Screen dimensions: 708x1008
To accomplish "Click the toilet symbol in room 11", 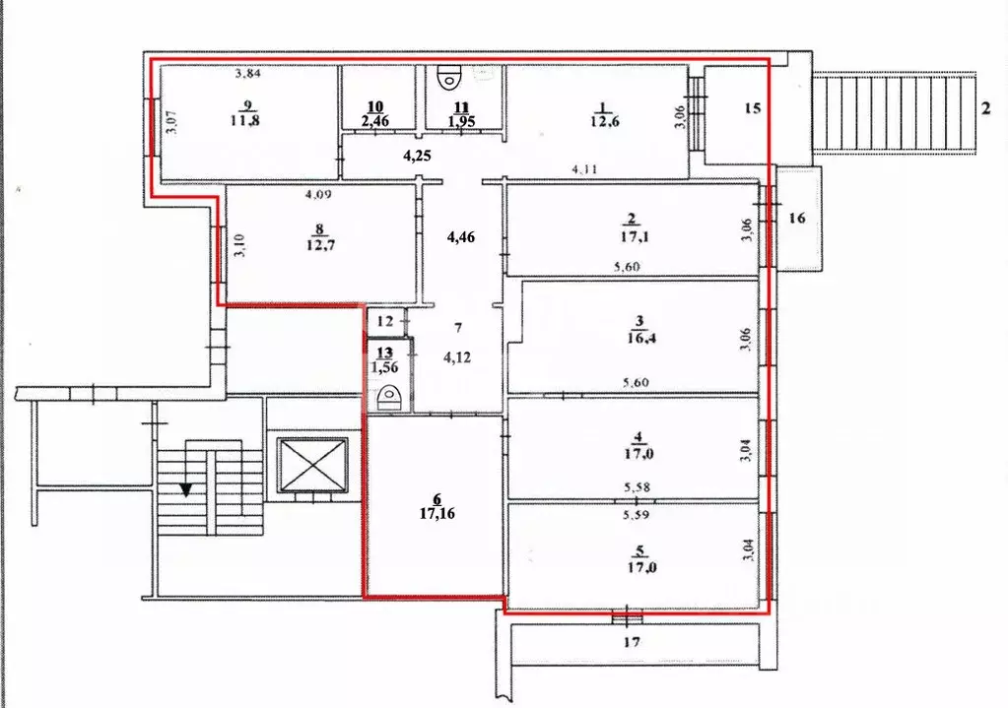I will [450, 76].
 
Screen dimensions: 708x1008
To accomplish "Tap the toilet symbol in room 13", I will [389, 398].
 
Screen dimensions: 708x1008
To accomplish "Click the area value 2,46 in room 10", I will [373, 121].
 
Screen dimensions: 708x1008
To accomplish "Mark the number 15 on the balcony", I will [752, 108].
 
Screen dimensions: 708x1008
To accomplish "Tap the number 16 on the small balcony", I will [796, 218].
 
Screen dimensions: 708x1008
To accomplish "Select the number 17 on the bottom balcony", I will [632, 642].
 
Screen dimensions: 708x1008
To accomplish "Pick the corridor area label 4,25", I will [419, 155].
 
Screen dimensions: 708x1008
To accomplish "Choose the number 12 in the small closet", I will [384, 321].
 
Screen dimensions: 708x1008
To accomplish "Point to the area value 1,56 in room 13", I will [384, 366].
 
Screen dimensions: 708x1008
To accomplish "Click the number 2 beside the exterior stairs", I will [985, 108].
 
